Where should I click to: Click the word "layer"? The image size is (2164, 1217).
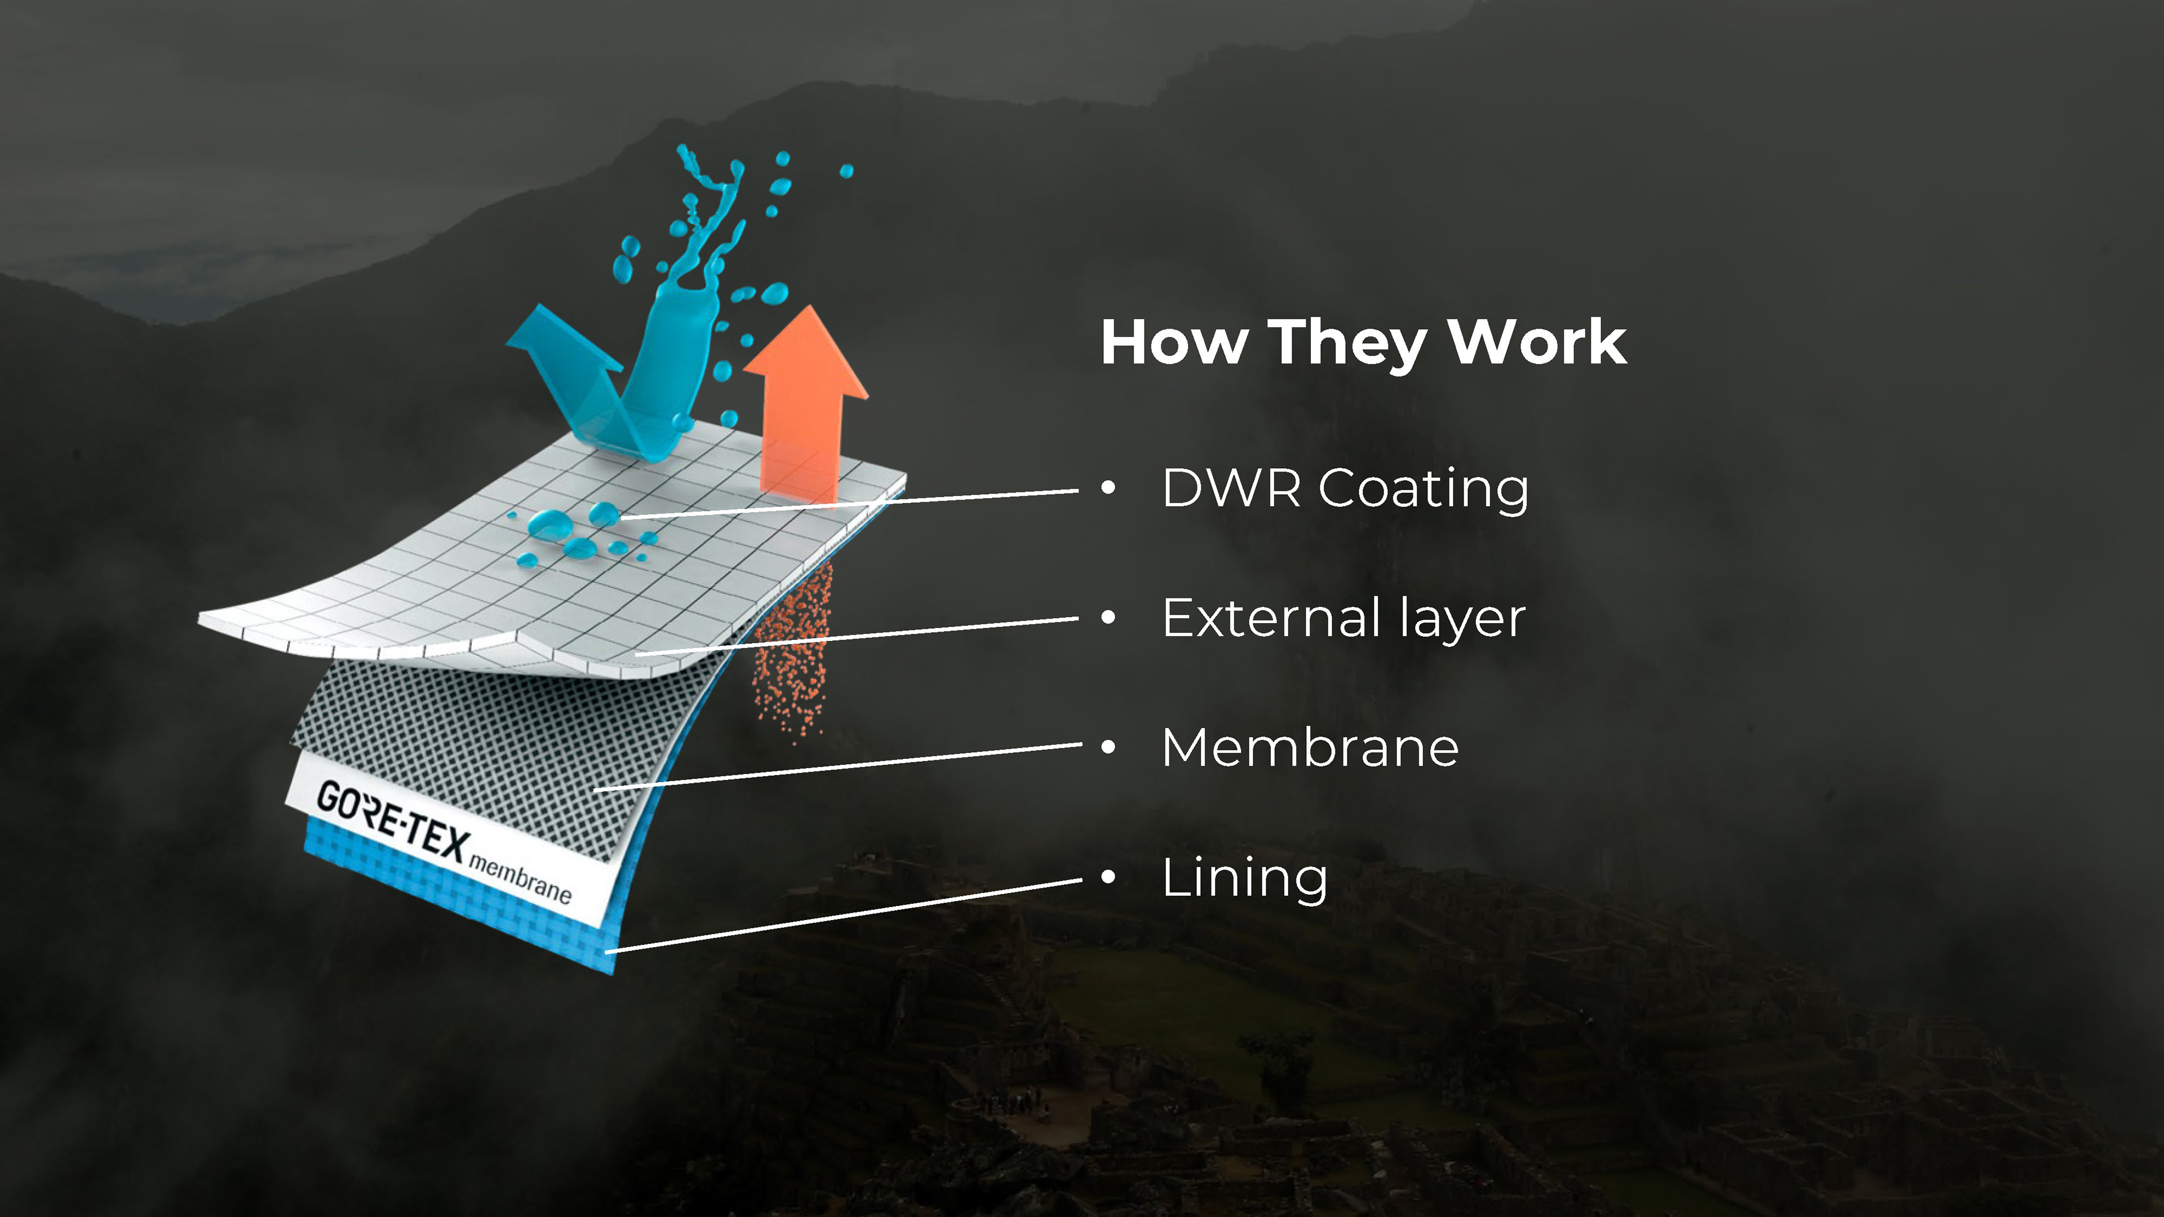[1462, 621]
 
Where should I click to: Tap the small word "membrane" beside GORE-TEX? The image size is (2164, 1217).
[520, 878]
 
